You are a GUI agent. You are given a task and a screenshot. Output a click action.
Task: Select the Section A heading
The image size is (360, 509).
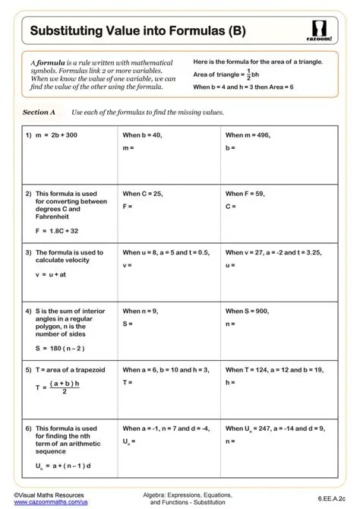[x=39, y=112]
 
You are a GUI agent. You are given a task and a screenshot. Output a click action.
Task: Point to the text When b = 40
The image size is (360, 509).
[x=142, y=134]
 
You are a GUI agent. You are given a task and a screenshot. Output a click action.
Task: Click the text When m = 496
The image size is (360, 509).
[x=248, y=134]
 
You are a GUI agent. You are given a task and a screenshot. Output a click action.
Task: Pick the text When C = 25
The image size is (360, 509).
[x=143, y=194]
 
